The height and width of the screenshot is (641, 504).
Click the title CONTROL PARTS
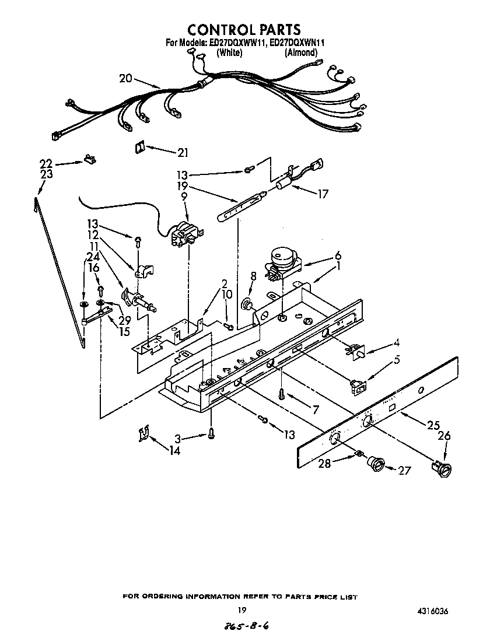click(244, 29)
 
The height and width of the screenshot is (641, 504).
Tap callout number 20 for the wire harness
click(127, 78)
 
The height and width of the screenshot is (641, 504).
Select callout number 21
click(183, 153)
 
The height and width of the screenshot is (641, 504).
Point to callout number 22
click(46, 163)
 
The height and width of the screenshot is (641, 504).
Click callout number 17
click(322, 194)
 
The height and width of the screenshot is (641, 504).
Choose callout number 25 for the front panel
click(433, 425)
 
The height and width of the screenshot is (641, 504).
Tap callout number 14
click(174, 450)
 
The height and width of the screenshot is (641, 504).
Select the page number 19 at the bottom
click(242, 610)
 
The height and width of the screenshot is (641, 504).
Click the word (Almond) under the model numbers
click(300, 52)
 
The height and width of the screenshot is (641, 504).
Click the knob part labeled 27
click(376, 464)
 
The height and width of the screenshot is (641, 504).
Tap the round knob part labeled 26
click(443, 467)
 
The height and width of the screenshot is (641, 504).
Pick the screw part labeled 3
click(211, 434)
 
